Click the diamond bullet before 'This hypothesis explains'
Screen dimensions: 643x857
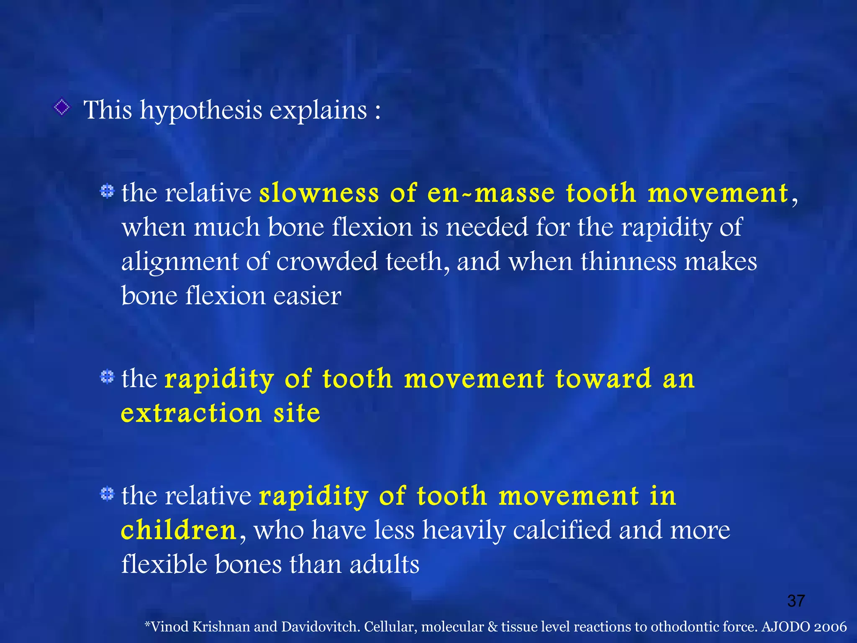tap(62, 108)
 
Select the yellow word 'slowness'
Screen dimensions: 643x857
tap(319, 193)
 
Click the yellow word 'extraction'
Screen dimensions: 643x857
tap(191, 414)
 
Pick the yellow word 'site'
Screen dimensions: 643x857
tap(297, 414)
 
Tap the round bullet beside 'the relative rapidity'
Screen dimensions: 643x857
tap(107, 494)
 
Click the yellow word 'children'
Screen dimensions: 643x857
tap(179, 531)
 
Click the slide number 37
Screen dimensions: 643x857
tap(796, 601)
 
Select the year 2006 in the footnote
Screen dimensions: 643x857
tap(830, 627)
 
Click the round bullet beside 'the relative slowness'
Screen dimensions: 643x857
tap(107, 191)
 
